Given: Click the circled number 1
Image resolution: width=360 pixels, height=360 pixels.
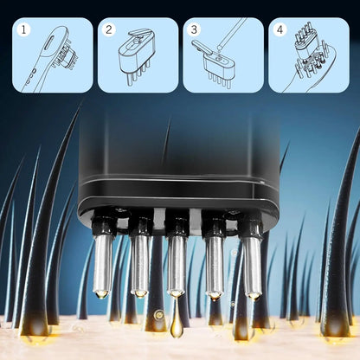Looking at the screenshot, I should coord(24,29).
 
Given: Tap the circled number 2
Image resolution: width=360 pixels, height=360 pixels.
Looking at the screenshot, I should coord(110,29).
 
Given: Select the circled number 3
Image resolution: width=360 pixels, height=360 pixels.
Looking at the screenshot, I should coord(195,29).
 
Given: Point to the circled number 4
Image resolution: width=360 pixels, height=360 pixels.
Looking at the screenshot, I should coord(280,29).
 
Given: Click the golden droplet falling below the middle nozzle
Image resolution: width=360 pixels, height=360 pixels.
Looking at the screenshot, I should coord(177,327).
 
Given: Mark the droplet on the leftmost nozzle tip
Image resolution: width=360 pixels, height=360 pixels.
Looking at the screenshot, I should coord(103,294).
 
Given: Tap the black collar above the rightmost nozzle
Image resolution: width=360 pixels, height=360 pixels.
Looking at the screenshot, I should coord(251,227).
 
